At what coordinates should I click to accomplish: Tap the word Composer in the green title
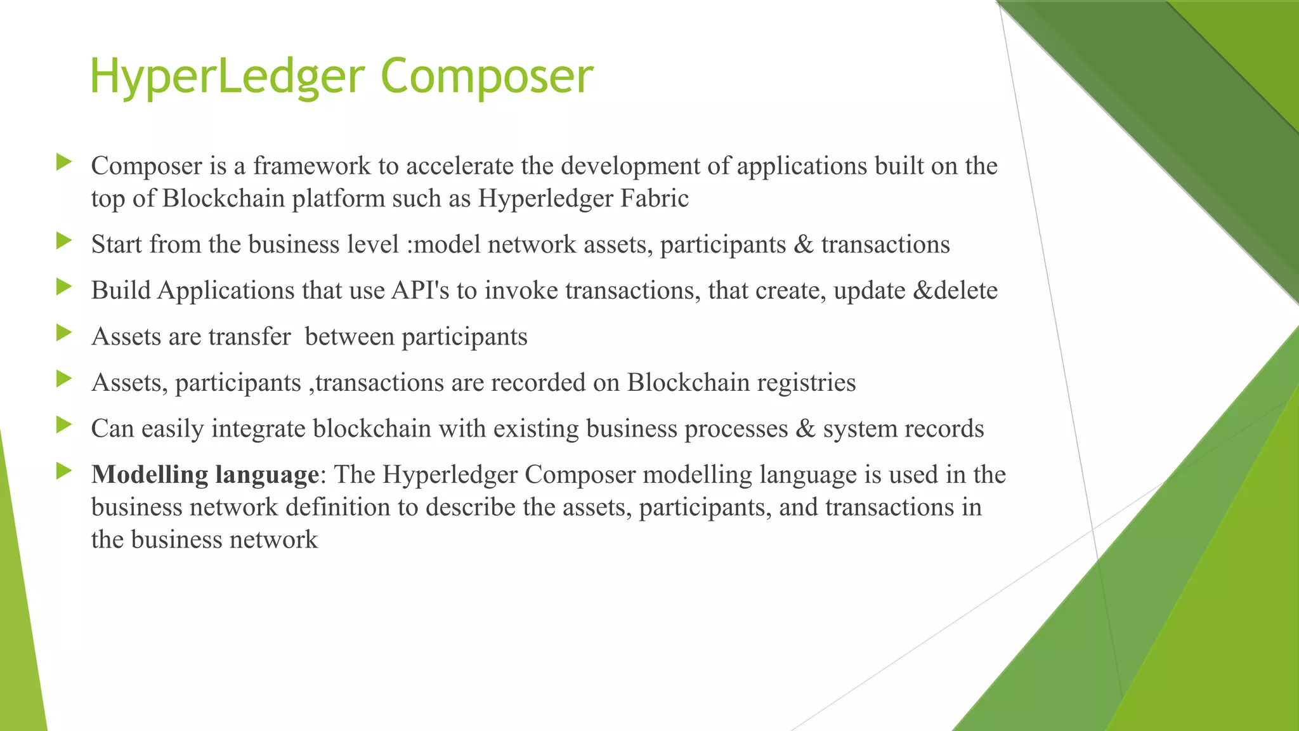coord(486,77)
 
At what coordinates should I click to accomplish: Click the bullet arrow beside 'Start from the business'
coord(64,240)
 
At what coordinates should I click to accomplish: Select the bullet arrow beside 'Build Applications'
coord(64,287)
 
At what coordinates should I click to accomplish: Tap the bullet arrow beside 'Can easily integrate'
coord(64,425)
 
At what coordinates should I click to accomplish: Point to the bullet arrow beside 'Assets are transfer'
coord(64,333)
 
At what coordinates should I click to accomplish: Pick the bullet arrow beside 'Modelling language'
coord(64,471)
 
